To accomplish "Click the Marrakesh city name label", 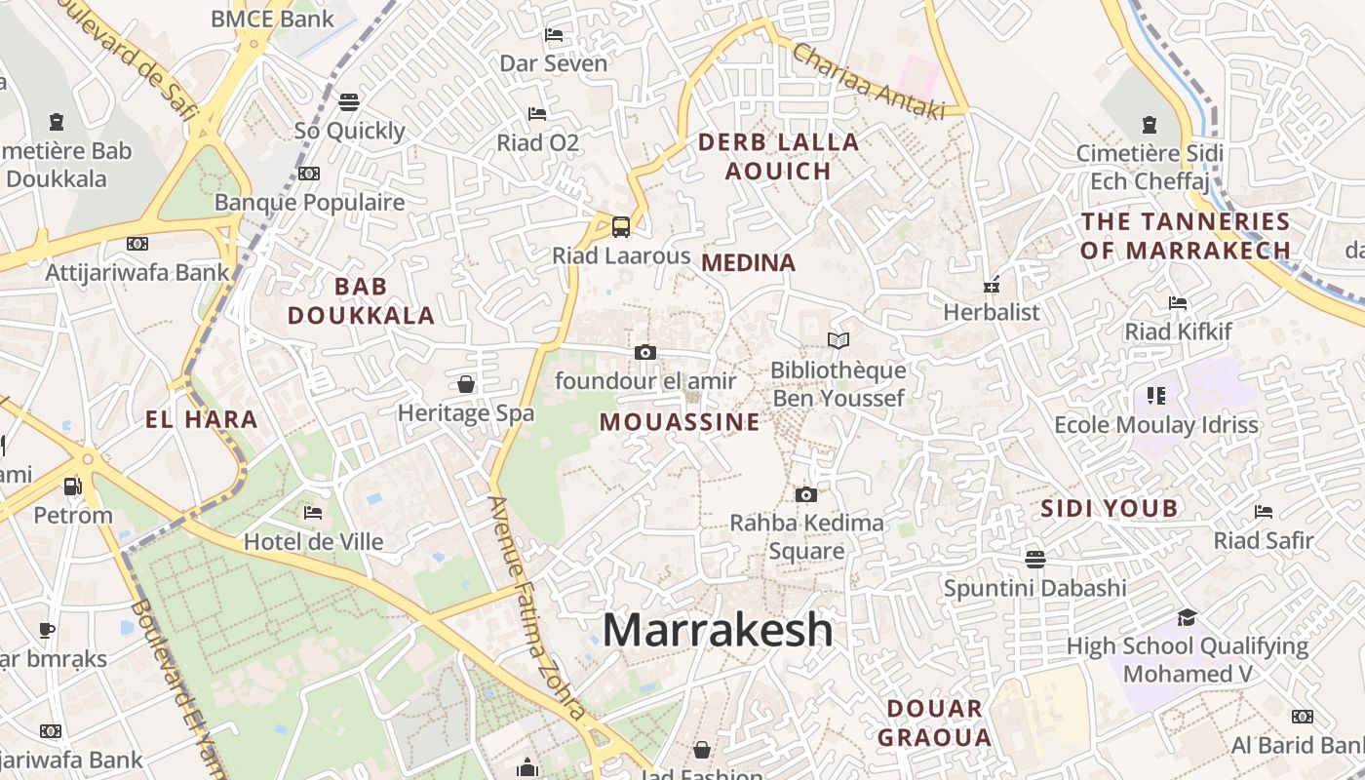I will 718,630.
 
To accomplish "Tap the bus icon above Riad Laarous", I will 621,227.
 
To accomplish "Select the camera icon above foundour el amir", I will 644,352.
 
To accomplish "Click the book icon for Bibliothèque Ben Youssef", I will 838,340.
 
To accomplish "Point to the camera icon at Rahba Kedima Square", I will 805,494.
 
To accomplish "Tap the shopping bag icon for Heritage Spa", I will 466,384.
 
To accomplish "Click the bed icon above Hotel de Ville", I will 312,512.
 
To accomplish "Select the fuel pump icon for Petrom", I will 72,486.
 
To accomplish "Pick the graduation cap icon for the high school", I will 1187,617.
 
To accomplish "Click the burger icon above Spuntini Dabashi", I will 1034,559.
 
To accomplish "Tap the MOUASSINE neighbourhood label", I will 680,422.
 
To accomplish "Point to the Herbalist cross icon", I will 992,286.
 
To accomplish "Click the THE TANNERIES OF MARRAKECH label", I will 1186,236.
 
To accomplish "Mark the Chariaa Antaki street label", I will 869,82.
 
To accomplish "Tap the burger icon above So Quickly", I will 349,101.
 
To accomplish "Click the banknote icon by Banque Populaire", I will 309,174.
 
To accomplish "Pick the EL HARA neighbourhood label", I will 202,420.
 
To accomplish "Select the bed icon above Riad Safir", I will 1264,511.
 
